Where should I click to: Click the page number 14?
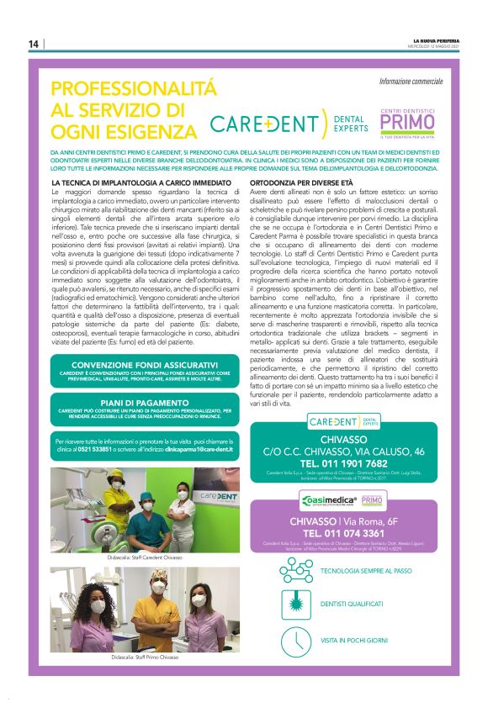(x=33, y=44)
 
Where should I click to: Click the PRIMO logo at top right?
(x=406, y=123)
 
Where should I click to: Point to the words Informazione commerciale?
(x=410, y=82)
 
